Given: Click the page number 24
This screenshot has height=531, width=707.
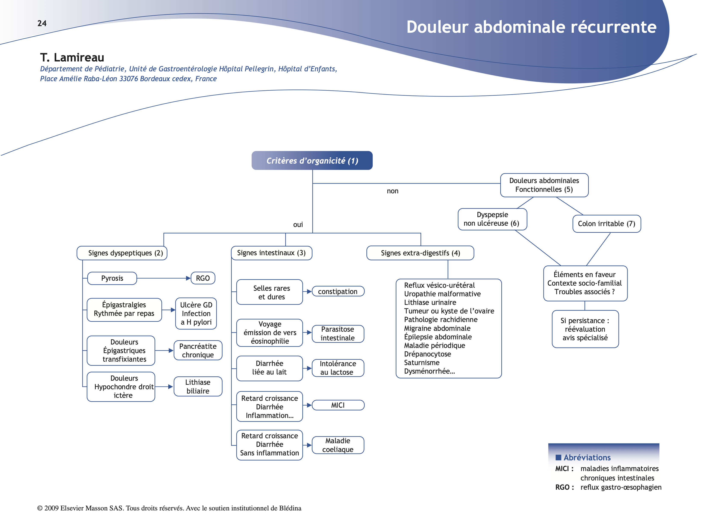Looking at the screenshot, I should pos(42,23).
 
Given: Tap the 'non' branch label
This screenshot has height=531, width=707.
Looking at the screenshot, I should pos(393,191).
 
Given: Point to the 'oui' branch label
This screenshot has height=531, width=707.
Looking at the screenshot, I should pos(298,225).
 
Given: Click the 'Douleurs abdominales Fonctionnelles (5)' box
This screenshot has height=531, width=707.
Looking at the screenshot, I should pos(544,185).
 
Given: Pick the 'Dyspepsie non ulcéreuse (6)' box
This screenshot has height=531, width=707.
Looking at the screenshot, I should pos(492,219).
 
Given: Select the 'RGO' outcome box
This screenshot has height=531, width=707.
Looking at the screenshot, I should pos(203,278).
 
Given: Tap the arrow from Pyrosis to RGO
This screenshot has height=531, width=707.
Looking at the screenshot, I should pos(163,278).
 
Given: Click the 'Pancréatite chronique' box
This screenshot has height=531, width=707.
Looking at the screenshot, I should pos(198,351).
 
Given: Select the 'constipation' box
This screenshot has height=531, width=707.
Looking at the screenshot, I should pos(338,291).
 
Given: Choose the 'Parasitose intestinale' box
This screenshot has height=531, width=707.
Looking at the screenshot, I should pos(338,334).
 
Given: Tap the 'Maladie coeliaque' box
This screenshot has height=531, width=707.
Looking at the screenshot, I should pos(338,445).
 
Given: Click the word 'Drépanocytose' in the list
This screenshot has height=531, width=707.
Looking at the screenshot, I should pos(427,354).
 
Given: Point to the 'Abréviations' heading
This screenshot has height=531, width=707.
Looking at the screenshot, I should pos(587,457).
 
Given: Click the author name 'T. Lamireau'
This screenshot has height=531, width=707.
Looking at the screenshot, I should pos(72,58).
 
